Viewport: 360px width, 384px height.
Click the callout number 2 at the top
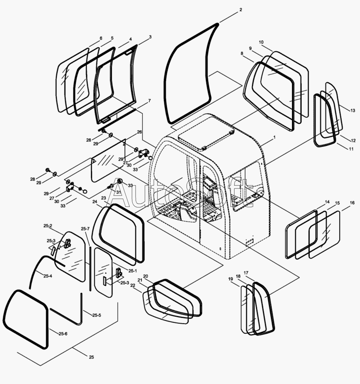241,9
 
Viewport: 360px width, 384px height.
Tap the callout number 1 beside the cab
274,138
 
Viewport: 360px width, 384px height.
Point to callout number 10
261,42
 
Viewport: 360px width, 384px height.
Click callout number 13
353,110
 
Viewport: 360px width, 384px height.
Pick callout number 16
352,203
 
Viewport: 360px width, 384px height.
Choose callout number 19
230,279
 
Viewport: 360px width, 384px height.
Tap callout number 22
133,285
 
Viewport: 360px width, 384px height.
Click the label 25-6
63,334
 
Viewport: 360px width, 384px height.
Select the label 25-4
48,276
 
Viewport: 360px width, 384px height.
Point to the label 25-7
85,229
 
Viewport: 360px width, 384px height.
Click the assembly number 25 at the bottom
91,357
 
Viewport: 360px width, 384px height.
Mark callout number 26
139,132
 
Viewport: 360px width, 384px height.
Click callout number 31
118,192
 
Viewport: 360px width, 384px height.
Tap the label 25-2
48,226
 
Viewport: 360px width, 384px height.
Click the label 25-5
97,315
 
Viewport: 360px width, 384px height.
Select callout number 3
150,37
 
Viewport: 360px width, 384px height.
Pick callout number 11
351,149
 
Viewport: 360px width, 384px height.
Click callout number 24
94,202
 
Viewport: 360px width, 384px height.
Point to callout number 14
327,202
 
